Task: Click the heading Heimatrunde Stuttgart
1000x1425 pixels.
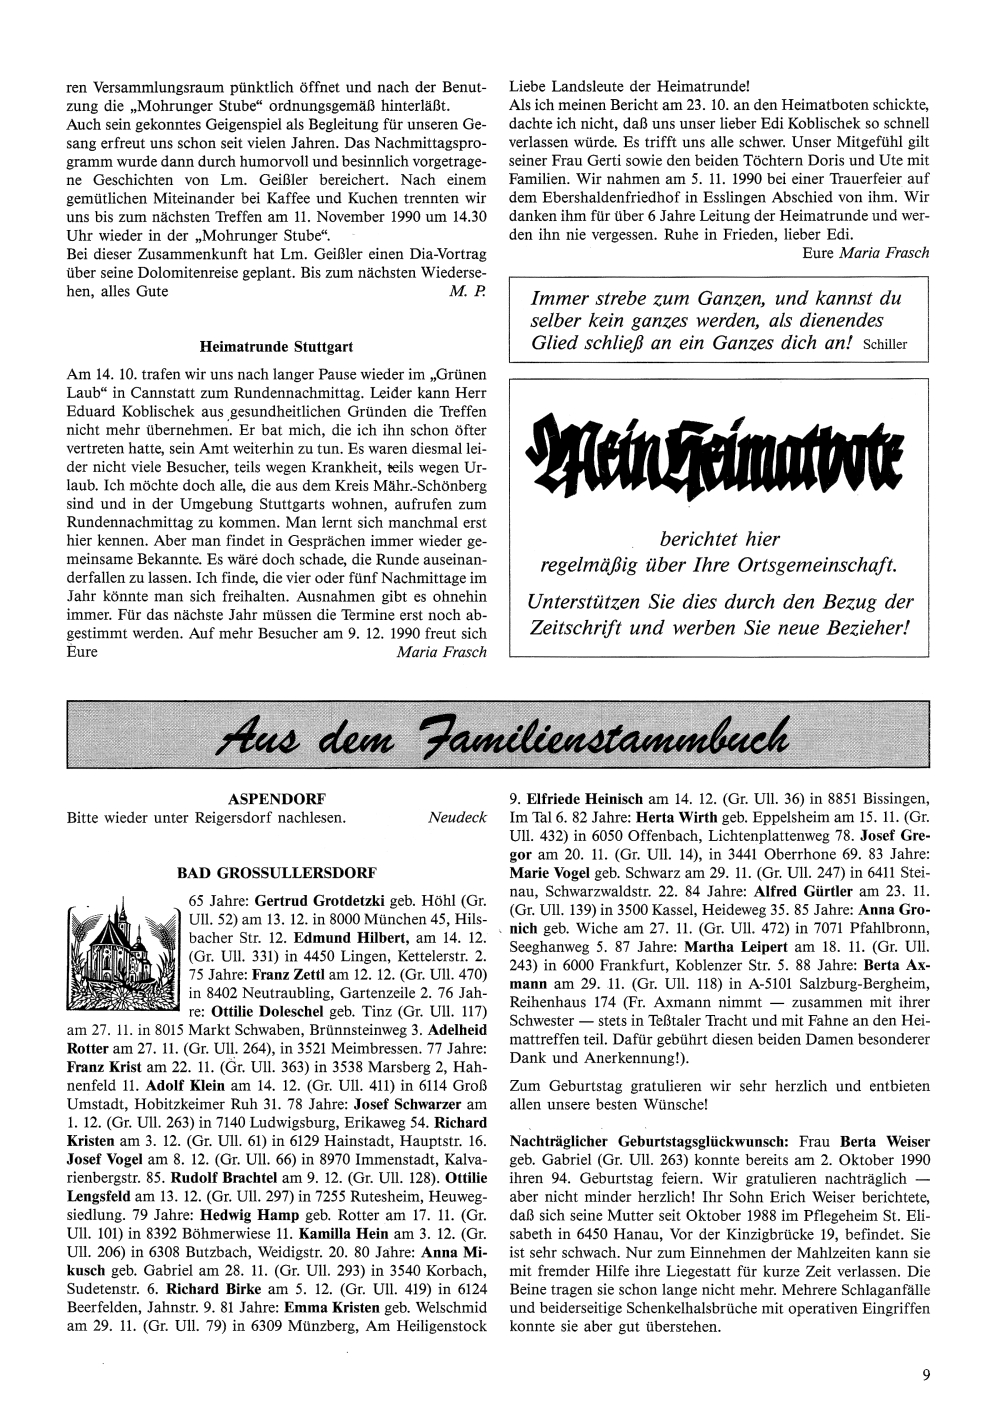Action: tap(276, 347)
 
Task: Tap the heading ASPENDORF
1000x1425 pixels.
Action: tap(276, 797)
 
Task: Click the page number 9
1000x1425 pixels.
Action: tap(927, 1374)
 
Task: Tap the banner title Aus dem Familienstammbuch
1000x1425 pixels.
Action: tap(499, 736)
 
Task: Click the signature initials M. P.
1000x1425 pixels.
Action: tap(469, 291)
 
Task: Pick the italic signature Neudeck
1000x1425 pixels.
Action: tap(457, 817)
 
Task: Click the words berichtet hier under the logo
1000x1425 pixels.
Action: tap(719, 539)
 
